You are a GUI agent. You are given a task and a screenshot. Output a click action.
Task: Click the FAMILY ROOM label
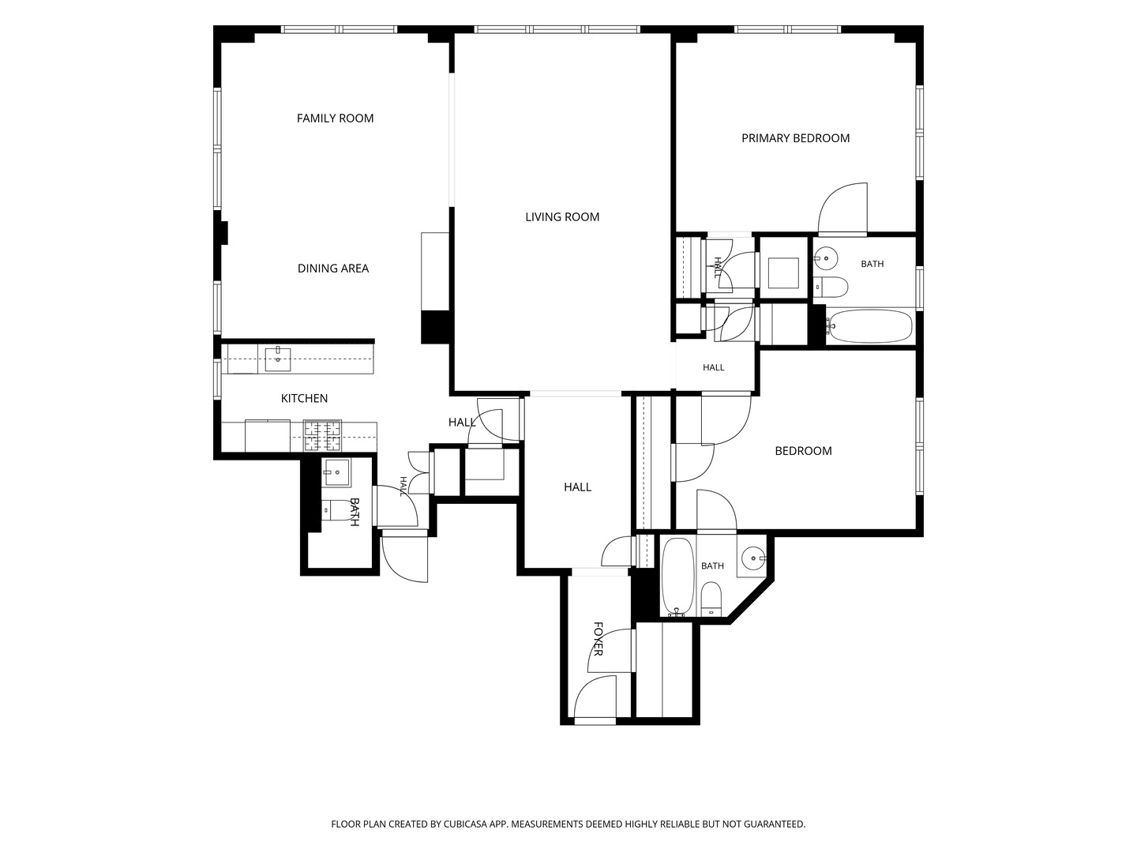pyautogui.click(x=335, y=118)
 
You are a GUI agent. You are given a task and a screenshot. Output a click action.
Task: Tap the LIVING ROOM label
pyautogui.click(x=562, y=217)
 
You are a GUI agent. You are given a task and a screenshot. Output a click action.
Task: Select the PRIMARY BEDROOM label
pyautogui.click(x=795, y=138)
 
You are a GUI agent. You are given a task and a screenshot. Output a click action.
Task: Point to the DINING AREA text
pyautogui.click(x=333, y=269)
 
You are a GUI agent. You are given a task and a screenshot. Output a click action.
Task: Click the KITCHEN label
pyautogui.click(x=304, y=398)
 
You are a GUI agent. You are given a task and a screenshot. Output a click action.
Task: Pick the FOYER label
pyautogui.click(x=598, y=639)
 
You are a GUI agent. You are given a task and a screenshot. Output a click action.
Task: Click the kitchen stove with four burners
pyautogui.click(x=322, y=435)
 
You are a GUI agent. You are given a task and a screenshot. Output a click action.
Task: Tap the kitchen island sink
pyautogui.click(x=278, y=359)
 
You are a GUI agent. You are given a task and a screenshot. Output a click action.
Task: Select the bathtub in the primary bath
pyautogui.click(x=869, y=326)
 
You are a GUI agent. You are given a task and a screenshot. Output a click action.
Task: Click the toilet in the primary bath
pyautogui.click(x=831, y=287)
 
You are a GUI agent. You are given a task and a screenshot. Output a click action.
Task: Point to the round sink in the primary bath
pyautogui.click(x=826, y=257)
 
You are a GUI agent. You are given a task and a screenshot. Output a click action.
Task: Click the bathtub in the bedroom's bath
pyautogui.click(x=677, y=577)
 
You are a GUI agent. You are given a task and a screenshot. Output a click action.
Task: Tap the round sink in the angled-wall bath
pyautogui.click(x=752, y=558)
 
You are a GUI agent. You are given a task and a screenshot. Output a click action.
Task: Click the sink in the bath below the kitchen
pyautogui.click(x=336, y=472)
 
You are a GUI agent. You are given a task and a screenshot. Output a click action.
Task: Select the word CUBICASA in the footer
pyautogui.click(x=465, y=824)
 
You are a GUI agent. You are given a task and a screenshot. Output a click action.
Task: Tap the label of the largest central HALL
pyautogui.click(x=577, y=487)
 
